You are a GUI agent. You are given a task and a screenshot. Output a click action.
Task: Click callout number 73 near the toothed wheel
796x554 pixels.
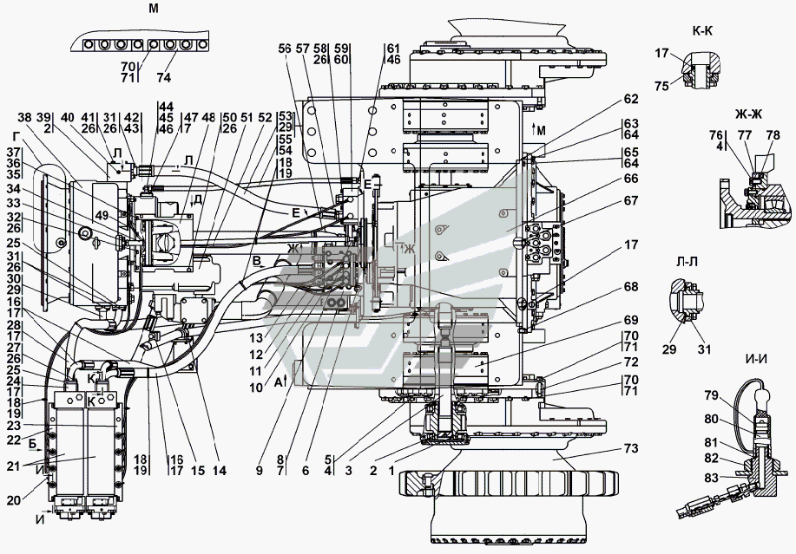(630, 449)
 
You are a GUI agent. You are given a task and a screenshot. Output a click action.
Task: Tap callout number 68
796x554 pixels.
(630, 286)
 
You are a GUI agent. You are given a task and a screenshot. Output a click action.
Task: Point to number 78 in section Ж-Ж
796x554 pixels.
(773, 135)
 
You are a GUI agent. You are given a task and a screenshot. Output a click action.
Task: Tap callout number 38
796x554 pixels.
(23, 117)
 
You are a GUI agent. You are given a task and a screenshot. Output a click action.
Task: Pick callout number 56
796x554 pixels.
(284, 49)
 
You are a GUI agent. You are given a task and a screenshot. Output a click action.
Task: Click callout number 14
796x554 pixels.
(219, 471)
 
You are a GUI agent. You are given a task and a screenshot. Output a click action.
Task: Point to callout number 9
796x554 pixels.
(259, 471)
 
